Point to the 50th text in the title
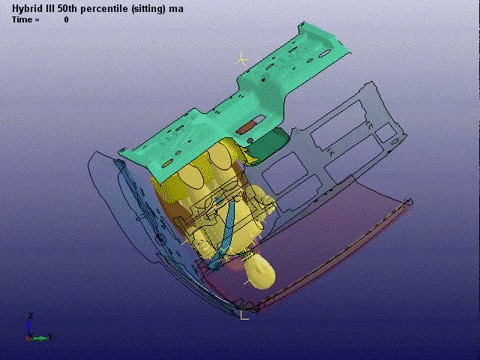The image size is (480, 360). (67, 9)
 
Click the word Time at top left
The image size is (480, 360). (22, 20)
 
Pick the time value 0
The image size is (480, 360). (66, 20)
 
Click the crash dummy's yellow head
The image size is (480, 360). (259, 272)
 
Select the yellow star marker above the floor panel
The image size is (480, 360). (242, 59)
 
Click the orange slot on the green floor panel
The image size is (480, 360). (247, 127)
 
